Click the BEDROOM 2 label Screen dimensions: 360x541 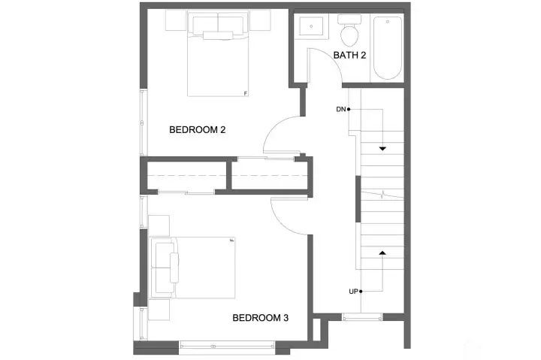click(198, 129)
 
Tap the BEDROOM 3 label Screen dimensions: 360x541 click(260, 318)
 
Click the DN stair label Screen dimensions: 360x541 click(341, 110)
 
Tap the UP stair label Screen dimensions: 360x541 click(353, 291)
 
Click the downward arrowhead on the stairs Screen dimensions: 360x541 click(382, 149)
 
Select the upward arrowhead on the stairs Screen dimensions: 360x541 click(382, 253)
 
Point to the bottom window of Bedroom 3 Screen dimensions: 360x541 click(227, 345)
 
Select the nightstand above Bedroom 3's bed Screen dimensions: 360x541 click(159, 225)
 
